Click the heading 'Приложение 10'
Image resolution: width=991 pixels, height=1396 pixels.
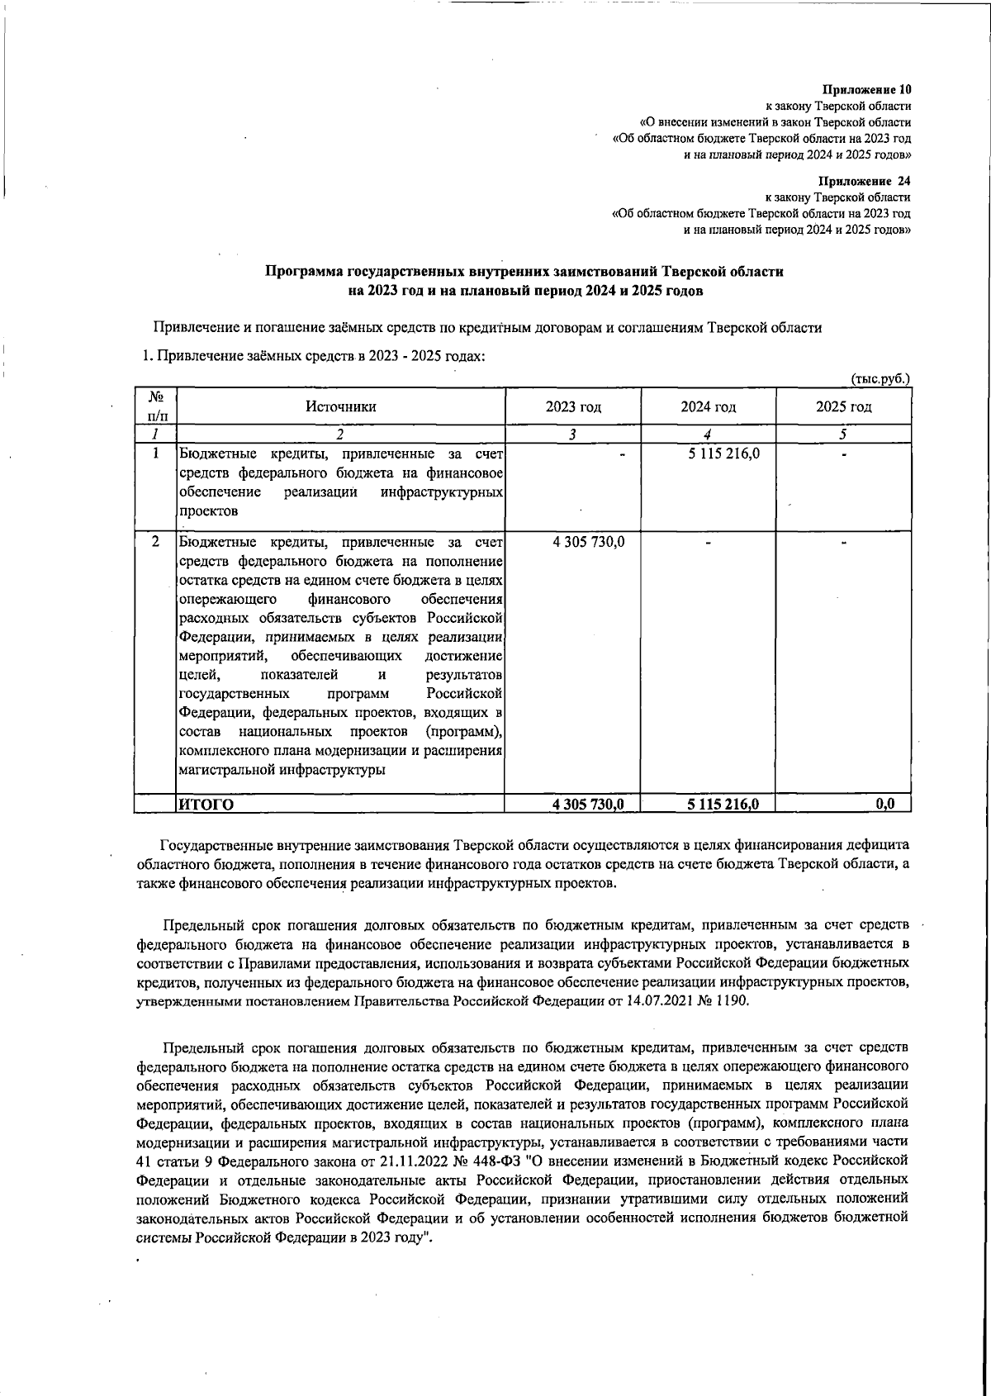click(866, 89)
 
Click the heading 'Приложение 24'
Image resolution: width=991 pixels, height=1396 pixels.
click(865, 181)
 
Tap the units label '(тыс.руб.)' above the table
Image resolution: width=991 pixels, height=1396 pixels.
click(880, 378)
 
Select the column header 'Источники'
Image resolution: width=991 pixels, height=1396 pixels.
click(341, 406)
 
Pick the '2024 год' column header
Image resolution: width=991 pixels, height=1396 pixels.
click(708, 406)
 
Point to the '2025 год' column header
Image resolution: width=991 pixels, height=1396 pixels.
click(843, 406)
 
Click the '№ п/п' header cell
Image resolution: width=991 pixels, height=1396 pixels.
click(154, 406)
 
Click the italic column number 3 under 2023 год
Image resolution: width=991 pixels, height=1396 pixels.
click(571, 434)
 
